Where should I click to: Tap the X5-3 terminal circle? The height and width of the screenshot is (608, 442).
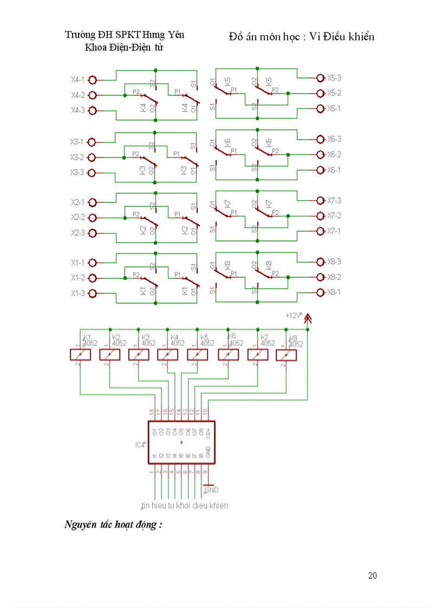point(321,78)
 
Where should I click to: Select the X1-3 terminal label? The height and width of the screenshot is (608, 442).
point(77,293)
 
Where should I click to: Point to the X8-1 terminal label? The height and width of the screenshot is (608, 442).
point(334,292)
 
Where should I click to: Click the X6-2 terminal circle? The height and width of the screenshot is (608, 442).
point(321,155)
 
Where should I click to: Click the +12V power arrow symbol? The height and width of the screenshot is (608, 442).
point(308,318)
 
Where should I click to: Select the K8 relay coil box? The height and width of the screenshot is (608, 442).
point(287,355)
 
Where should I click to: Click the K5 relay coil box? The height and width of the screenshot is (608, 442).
point(198,355)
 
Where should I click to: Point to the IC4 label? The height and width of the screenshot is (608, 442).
point(140,444)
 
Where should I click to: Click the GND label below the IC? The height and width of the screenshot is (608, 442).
point(211,490)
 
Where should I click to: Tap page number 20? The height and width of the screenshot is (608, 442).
point(372,576)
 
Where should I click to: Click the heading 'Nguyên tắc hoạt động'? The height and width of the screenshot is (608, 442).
point(114,525)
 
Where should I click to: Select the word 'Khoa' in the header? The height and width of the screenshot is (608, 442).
point(95,47)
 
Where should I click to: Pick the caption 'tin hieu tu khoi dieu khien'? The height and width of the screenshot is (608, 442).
point(184,506)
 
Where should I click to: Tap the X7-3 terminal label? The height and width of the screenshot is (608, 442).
point(334,201)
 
